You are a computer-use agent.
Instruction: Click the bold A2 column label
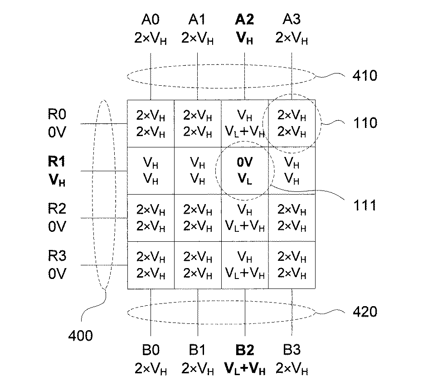[244, 20]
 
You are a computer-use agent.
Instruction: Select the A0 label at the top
[150, 20]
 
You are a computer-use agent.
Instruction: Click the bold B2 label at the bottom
[244, 350]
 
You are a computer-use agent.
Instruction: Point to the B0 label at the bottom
[150, 350]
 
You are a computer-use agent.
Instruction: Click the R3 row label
[57, 256]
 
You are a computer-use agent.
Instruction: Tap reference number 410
[365, 75]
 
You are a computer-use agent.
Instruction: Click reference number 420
[365, 312]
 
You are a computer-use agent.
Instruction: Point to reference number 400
[80, 336]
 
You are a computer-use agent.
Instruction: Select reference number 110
[365, 123]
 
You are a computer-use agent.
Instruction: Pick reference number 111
[365, 205]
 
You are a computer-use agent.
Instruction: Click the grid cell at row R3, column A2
[245, 265]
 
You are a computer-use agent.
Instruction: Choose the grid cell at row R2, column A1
[197, 218]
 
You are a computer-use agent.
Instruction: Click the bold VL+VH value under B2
[244, 367]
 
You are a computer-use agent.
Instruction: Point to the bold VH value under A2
[244, 38]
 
